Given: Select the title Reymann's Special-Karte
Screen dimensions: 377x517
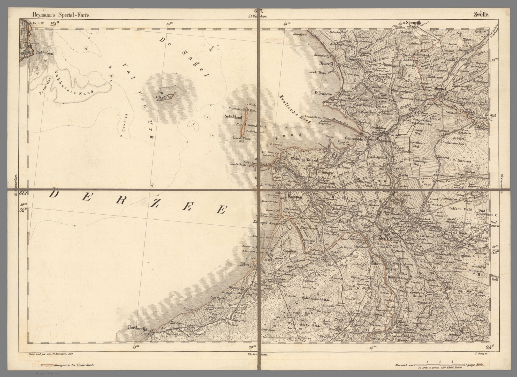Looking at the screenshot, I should [60, 14].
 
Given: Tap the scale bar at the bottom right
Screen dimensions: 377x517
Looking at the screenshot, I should [439, 365].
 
